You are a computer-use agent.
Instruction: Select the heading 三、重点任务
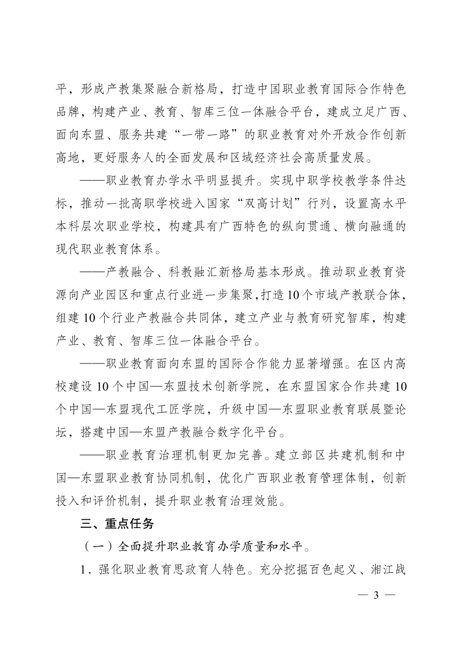[x=116, y=523]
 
